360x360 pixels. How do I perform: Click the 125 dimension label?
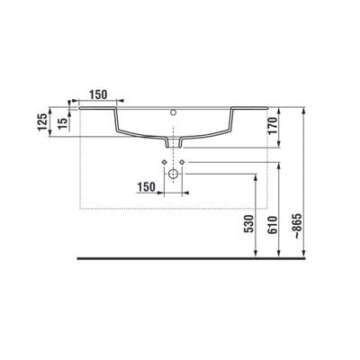(x=42, y=121)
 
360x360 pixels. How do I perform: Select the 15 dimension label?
(x=62, y=123)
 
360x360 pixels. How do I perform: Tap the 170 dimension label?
(x=273, y=126)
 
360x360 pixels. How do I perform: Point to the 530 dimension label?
(x=249, y=224)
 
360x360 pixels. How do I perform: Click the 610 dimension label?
(x=273, y=224)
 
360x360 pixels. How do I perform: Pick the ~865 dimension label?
(x=297, y=226)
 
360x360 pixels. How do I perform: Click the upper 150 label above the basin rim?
(x=98, y=94)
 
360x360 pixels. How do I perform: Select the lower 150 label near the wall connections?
(x=147, y=187)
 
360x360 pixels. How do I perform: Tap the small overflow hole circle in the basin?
(x=173, y=112)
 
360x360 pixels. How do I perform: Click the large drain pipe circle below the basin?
(x=174, y=174)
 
